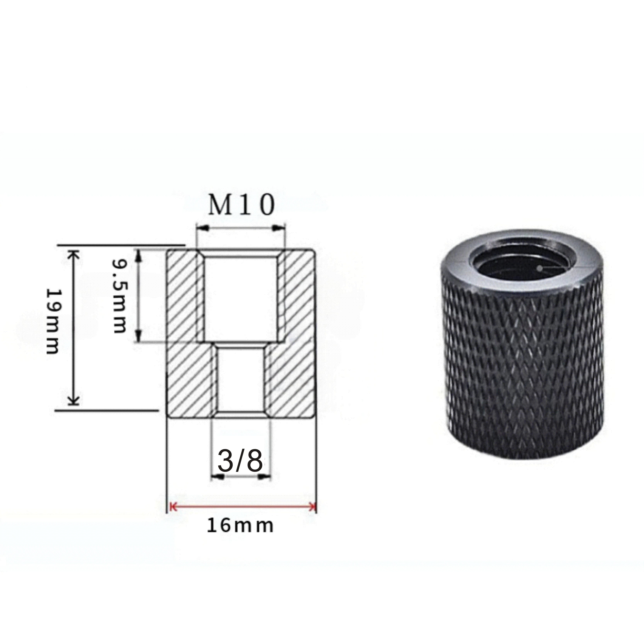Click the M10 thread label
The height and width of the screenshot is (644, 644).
(x=241, y=206)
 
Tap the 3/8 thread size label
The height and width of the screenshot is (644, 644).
(x=239, y=462)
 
